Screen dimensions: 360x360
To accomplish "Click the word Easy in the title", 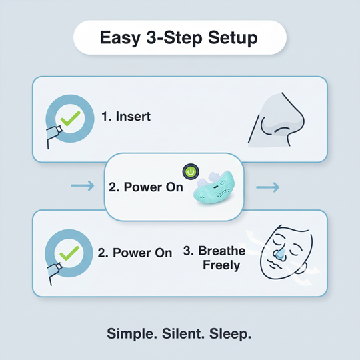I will click(x=121, y=38).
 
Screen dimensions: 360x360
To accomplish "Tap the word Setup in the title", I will click(x=231, y=38).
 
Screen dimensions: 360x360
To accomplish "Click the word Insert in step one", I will click(x=133, y=117).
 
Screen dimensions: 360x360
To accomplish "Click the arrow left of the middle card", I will click(x=82, y=187).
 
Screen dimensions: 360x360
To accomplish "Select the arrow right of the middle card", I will click(x=269, y=187).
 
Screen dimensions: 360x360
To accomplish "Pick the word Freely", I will click(x=221, y=265).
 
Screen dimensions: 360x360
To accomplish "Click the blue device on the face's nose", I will click(x=281, y=255).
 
